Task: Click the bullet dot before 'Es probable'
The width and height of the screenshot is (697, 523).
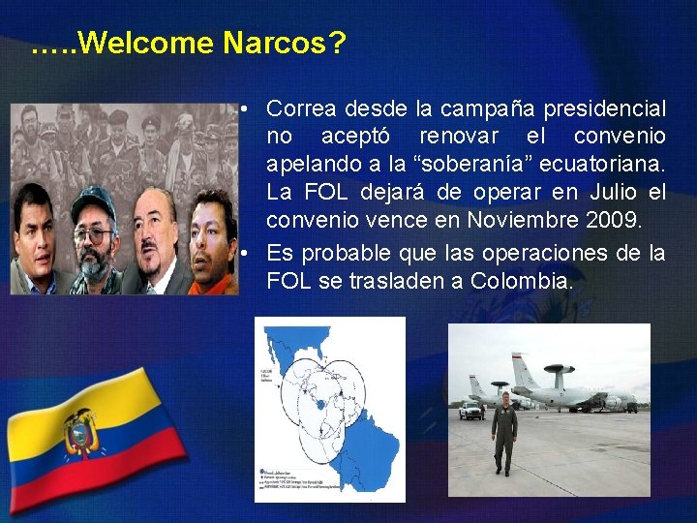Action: click(x=249, y=254)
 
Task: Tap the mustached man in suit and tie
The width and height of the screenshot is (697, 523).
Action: click(x=155, y=237)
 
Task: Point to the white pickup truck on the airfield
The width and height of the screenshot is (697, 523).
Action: click(x=471, y=410)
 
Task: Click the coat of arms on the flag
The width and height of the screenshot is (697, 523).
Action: click(x=81, y=433)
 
